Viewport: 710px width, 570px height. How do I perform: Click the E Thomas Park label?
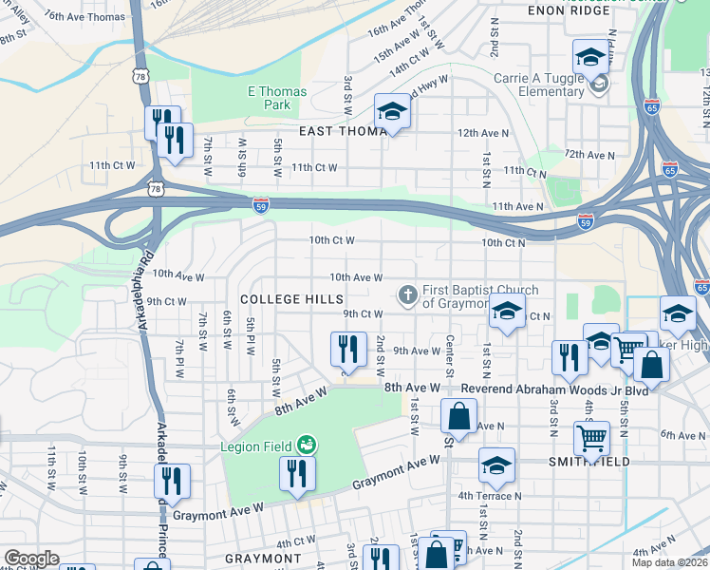pos(277,98)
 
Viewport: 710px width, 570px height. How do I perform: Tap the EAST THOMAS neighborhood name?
pos(343,131)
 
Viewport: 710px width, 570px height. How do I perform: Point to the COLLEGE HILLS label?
pos(291,299)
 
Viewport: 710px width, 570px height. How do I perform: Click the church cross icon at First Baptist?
pos(408,294)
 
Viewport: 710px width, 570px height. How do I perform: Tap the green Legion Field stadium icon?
pos(307,444)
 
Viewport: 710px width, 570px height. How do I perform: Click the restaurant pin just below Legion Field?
pos(297,474)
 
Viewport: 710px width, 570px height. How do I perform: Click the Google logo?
pos(31,558)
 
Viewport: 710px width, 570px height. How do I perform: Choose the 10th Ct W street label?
pos(332,241)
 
